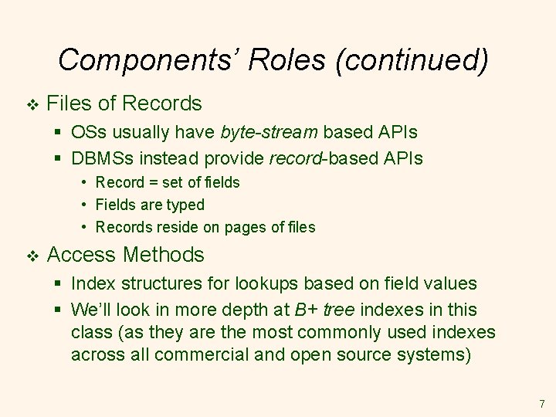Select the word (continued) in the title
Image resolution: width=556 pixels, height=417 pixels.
click(x=412, y=60)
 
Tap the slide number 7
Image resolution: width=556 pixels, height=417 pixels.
click(x=541, y=404)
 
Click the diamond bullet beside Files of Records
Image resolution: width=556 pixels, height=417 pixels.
click(x=31, y=104)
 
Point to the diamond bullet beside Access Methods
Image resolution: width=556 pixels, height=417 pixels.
click(x=31, y=256)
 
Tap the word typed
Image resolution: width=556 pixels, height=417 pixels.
click(x=187, y=205)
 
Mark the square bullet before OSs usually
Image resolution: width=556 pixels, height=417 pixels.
click(x=59, y=133)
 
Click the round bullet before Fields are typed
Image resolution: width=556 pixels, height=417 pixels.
click(x=83, y=205)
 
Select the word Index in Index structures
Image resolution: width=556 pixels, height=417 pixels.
click(x=90, y=284)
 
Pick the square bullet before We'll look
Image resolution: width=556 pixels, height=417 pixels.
click(x=59, y=310)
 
